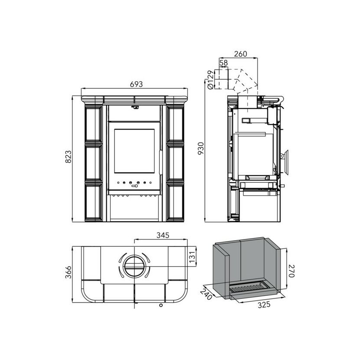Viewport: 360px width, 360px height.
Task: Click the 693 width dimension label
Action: pos(136,84)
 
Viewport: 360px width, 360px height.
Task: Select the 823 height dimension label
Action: pos(69,157)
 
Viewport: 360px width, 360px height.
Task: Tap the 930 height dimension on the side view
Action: pos(201,148)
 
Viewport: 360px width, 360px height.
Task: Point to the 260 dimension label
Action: pos(240,54)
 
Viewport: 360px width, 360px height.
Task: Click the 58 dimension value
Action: pos(223,63)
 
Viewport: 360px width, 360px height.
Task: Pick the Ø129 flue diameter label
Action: pos(210,80)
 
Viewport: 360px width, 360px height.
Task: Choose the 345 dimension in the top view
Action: pos(163,235)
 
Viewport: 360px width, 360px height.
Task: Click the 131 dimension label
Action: pos(193,257)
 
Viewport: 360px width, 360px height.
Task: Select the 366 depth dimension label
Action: pos(69,272)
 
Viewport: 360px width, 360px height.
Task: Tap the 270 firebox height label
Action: pos(291,271)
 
